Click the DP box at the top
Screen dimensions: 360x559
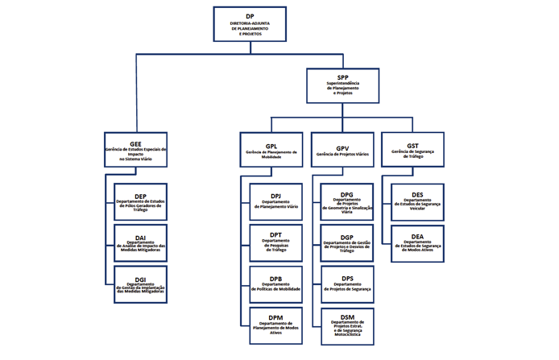250,24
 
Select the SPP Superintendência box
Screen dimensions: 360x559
342,85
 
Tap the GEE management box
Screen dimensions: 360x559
135,150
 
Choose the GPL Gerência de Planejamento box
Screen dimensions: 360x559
271,150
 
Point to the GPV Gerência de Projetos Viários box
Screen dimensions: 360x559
342,150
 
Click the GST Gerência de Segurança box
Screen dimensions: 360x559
412,150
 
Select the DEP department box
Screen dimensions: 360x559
141,202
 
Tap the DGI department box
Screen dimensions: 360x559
141,284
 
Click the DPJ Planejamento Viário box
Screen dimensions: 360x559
275,202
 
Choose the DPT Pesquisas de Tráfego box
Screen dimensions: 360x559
275,243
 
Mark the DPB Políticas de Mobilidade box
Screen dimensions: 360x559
275,284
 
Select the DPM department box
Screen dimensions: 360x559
275,325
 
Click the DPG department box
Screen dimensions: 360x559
347,202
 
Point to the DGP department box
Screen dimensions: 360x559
347,243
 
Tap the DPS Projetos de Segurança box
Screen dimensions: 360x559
347,284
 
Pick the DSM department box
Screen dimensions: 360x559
347,326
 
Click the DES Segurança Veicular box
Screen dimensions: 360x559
417,202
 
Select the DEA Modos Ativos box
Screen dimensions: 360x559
417,243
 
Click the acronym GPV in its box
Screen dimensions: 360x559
343,147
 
